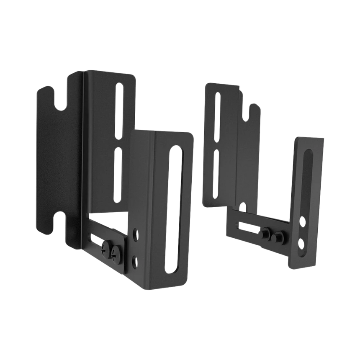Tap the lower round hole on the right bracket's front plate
pos(301,242)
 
